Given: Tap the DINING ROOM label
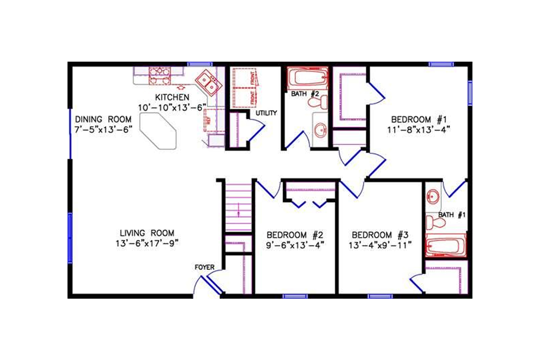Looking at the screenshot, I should [103, 119].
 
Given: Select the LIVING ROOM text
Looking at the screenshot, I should [147, 233].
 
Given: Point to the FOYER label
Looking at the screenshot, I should [204, 267].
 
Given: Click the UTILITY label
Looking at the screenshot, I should [266, 113].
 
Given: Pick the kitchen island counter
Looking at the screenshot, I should [158, 130].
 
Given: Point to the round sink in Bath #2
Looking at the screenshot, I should [320, 130].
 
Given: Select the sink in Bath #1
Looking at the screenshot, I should [433, 196].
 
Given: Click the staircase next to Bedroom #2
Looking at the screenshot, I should [238, 207].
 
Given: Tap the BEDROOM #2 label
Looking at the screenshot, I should [295, 235].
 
